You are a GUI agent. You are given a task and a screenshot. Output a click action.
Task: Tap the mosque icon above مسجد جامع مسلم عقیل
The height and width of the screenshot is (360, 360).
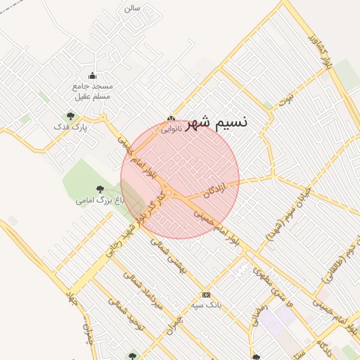(92, 76)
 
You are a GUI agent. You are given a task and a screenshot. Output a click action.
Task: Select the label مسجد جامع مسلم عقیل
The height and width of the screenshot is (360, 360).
(92, 91)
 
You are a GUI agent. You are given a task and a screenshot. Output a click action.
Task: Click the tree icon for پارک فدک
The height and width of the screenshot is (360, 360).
(70, 116)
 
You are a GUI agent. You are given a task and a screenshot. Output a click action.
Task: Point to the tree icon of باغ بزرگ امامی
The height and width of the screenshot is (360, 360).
(100, 189)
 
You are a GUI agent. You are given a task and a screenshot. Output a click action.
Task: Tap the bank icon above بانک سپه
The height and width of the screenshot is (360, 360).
(206, 295)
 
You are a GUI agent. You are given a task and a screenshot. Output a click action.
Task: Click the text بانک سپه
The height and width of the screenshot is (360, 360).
(206, 306)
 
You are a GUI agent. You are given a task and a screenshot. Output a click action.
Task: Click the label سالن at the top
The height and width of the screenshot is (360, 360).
(132, 8)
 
